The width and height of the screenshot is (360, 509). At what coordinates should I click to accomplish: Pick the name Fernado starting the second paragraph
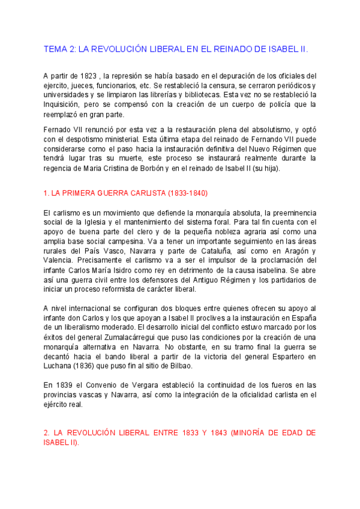click(58, 130)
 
